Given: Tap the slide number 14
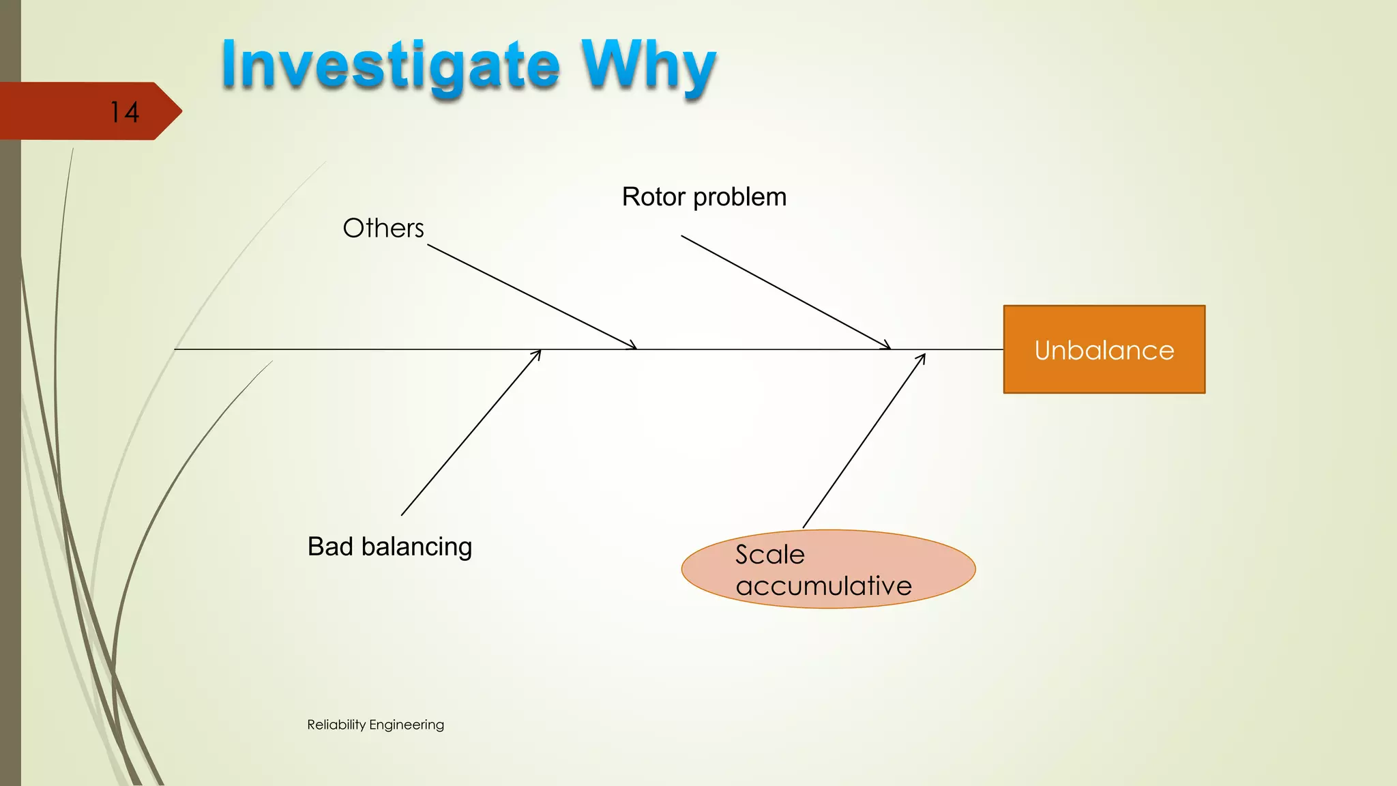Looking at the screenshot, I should click(x=124, y=113).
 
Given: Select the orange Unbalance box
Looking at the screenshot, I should click(x=1104, y=349).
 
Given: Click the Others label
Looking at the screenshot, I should click(x=383, y=228).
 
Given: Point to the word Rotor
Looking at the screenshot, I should click(x=653, y=197).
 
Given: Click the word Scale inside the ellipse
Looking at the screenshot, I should click(x=770, y=555).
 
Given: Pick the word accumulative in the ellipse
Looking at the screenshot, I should click(x=824, y=585).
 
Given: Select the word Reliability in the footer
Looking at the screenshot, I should click(x=336, y=725).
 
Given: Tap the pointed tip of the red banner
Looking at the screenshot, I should click(x=181, y=111).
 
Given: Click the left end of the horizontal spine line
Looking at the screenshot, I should click(x=176, y=349).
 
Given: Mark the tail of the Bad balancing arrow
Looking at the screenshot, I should click(x=402, y=515).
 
